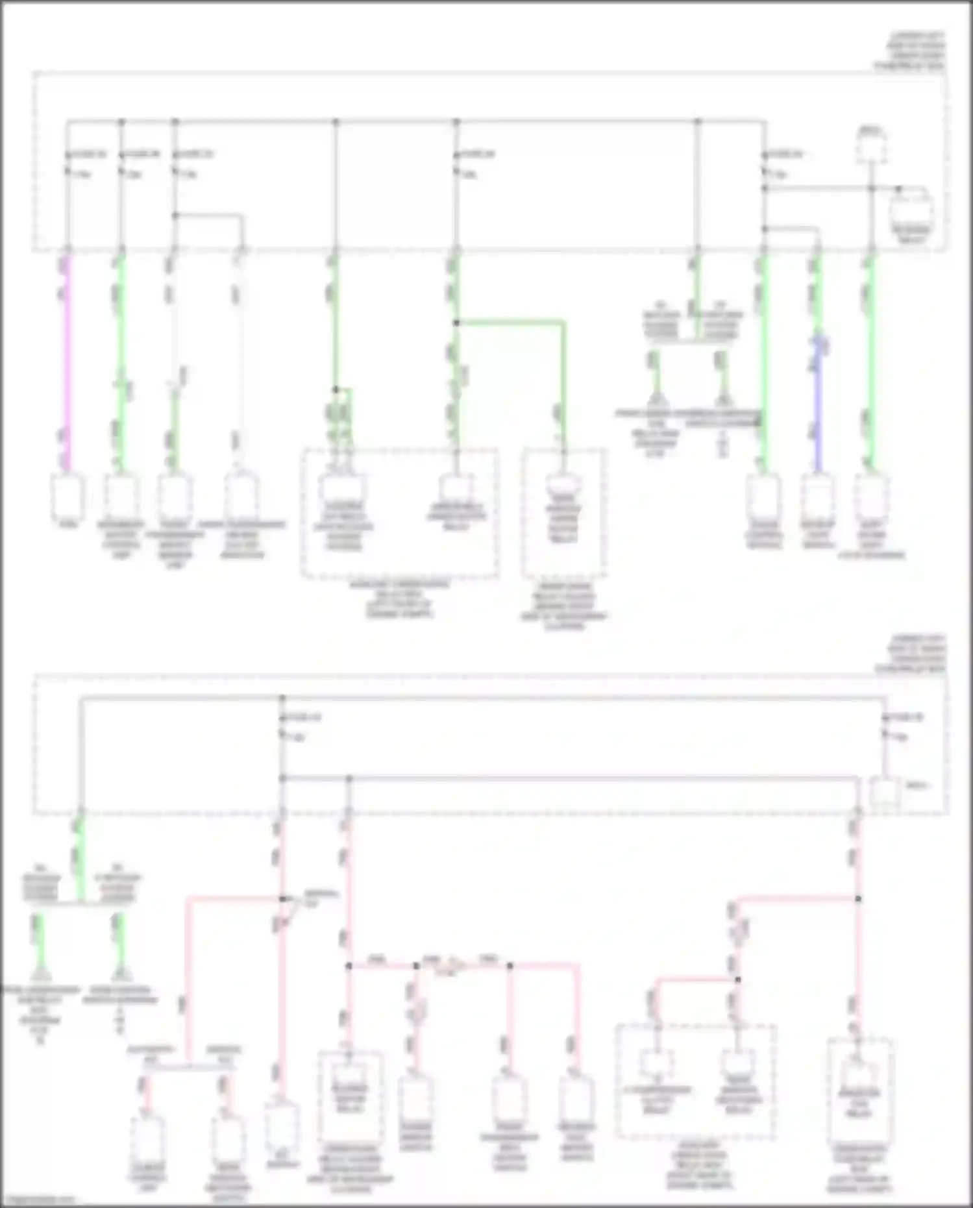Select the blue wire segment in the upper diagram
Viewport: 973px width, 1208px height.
click(x=819, y=402)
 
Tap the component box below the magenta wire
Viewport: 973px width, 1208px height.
click(x=68, y=497)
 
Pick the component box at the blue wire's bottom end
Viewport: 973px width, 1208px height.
click(x=818, y=497)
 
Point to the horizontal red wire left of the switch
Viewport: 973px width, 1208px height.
click(x=234, y=898)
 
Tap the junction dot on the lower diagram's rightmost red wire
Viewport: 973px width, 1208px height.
click(x=858, y=899)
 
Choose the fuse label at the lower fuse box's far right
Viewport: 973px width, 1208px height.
click(x=907, y=718)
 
